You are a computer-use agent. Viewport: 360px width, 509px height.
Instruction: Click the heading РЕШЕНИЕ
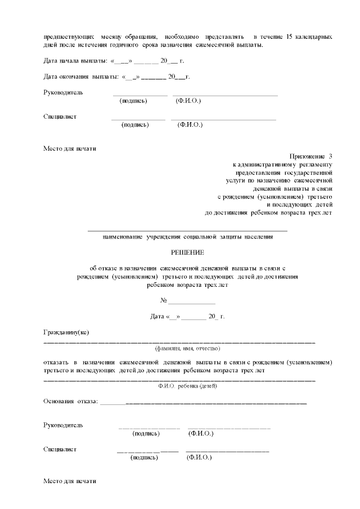click(187, 253)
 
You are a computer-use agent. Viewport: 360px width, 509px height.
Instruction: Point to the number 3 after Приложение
click(331, 155)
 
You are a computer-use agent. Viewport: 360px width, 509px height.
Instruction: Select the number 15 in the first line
click(273, 37)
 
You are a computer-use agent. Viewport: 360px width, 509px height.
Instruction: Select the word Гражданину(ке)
click(66, 332)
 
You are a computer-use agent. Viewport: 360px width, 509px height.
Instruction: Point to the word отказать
click(58, 363)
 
